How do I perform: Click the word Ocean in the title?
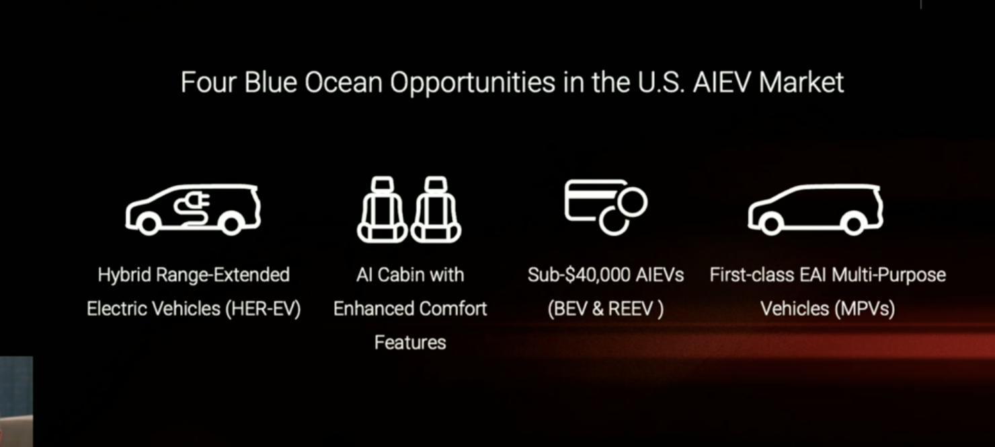tap(344, 82)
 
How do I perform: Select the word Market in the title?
tap(802, 82)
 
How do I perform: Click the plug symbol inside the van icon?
tap(192, 207)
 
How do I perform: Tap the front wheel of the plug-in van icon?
tap(149, 224)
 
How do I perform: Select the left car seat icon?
tap(382, 209)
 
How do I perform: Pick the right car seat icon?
tap(436, 209)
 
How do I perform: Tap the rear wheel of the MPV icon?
tap(853, 224)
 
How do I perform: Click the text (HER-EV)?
tap(263, 309)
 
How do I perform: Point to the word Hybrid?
tap(124, 275)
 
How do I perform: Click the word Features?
tap(410, 343)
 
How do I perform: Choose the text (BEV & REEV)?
tap(606, 309)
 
